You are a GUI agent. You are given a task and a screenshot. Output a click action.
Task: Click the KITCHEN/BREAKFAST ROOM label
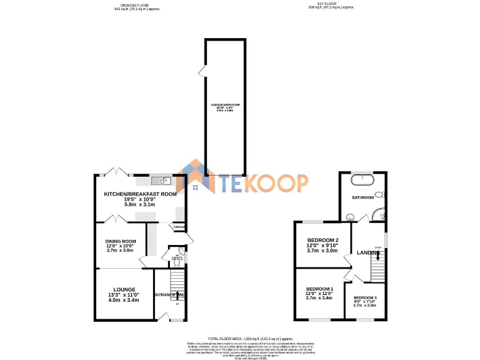(140, 194)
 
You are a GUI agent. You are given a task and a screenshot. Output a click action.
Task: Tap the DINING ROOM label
(121, 241)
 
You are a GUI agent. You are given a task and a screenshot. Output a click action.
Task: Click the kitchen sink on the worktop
(164, 181)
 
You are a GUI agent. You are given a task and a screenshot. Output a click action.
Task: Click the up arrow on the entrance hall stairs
(178, 294)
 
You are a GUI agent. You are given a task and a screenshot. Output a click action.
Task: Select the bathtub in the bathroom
(362, 179)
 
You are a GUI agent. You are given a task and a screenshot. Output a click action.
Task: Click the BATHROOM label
(362, 197)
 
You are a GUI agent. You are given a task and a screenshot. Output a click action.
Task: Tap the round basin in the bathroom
(349, 217)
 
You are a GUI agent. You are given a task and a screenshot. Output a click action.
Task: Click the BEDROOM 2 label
(322, 241)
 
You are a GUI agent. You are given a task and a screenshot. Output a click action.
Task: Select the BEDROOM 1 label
(319, 288)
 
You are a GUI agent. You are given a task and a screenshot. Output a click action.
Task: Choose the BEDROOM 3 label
(365, 297)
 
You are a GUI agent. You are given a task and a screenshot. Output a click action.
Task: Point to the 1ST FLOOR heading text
(331, 4)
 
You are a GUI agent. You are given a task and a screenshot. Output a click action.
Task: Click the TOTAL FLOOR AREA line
(240, 337)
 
